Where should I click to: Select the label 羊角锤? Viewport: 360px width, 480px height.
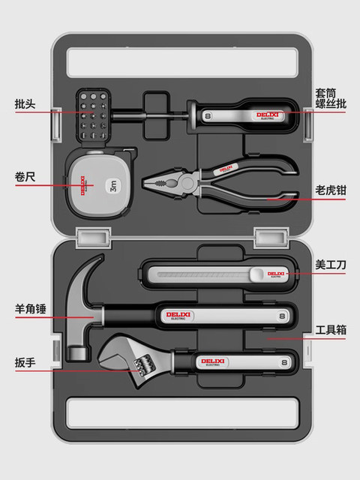(29, 307)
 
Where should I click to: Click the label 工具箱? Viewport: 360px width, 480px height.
(331, 330)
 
